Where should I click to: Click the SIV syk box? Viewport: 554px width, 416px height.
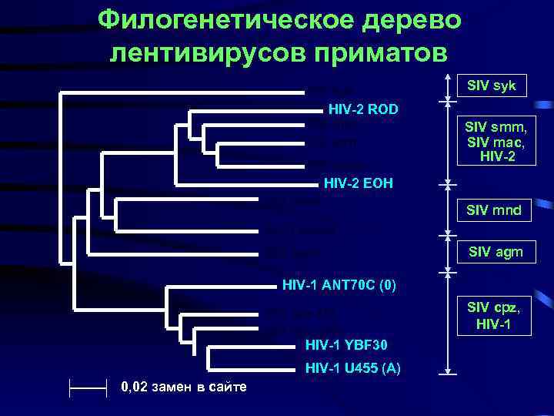(492, 85)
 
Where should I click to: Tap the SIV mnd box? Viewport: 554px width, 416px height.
(492, 209)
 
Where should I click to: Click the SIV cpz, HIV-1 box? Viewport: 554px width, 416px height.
(492, 316)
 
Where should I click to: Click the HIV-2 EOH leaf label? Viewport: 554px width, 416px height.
(355, 183)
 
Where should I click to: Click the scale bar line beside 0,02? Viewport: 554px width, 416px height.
(88, 386)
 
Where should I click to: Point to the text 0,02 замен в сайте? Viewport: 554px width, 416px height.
(185, 386)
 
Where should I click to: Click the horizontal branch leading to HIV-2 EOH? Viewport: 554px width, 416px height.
(246, 185)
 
